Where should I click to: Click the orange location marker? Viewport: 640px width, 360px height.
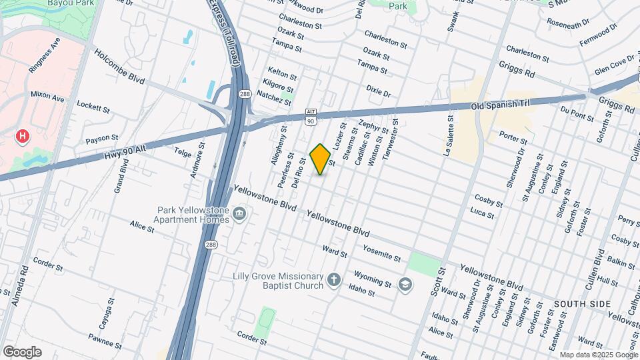321,159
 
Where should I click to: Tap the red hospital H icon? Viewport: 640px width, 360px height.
23,137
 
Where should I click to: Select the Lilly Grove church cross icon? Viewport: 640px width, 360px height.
334,280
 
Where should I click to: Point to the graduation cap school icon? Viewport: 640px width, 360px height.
404,285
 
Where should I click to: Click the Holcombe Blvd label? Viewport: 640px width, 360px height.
119,67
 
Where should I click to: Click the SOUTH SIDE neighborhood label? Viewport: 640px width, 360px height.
581,304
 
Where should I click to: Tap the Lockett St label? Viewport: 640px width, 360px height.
93,106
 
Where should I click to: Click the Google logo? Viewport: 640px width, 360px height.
22,352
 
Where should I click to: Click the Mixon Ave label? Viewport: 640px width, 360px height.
47,97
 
